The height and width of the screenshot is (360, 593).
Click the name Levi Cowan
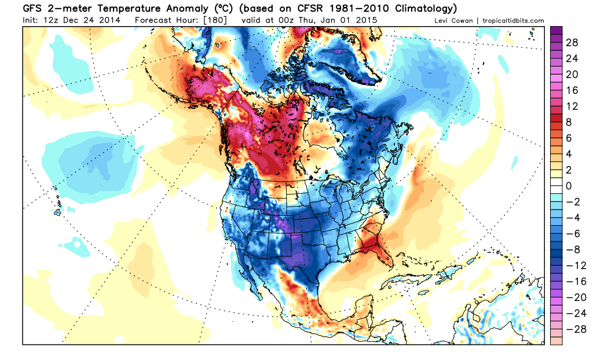click(x=454, y=21)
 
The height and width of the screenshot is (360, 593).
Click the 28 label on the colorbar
click(x=570, y=43)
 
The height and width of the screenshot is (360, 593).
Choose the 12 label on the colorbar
click(x=570, y=106)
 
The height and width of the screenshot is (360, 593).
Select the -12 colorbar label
click(x=572, y=265)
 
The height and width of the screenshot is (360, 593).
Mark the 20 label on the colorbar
click(x=570, y=75)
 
